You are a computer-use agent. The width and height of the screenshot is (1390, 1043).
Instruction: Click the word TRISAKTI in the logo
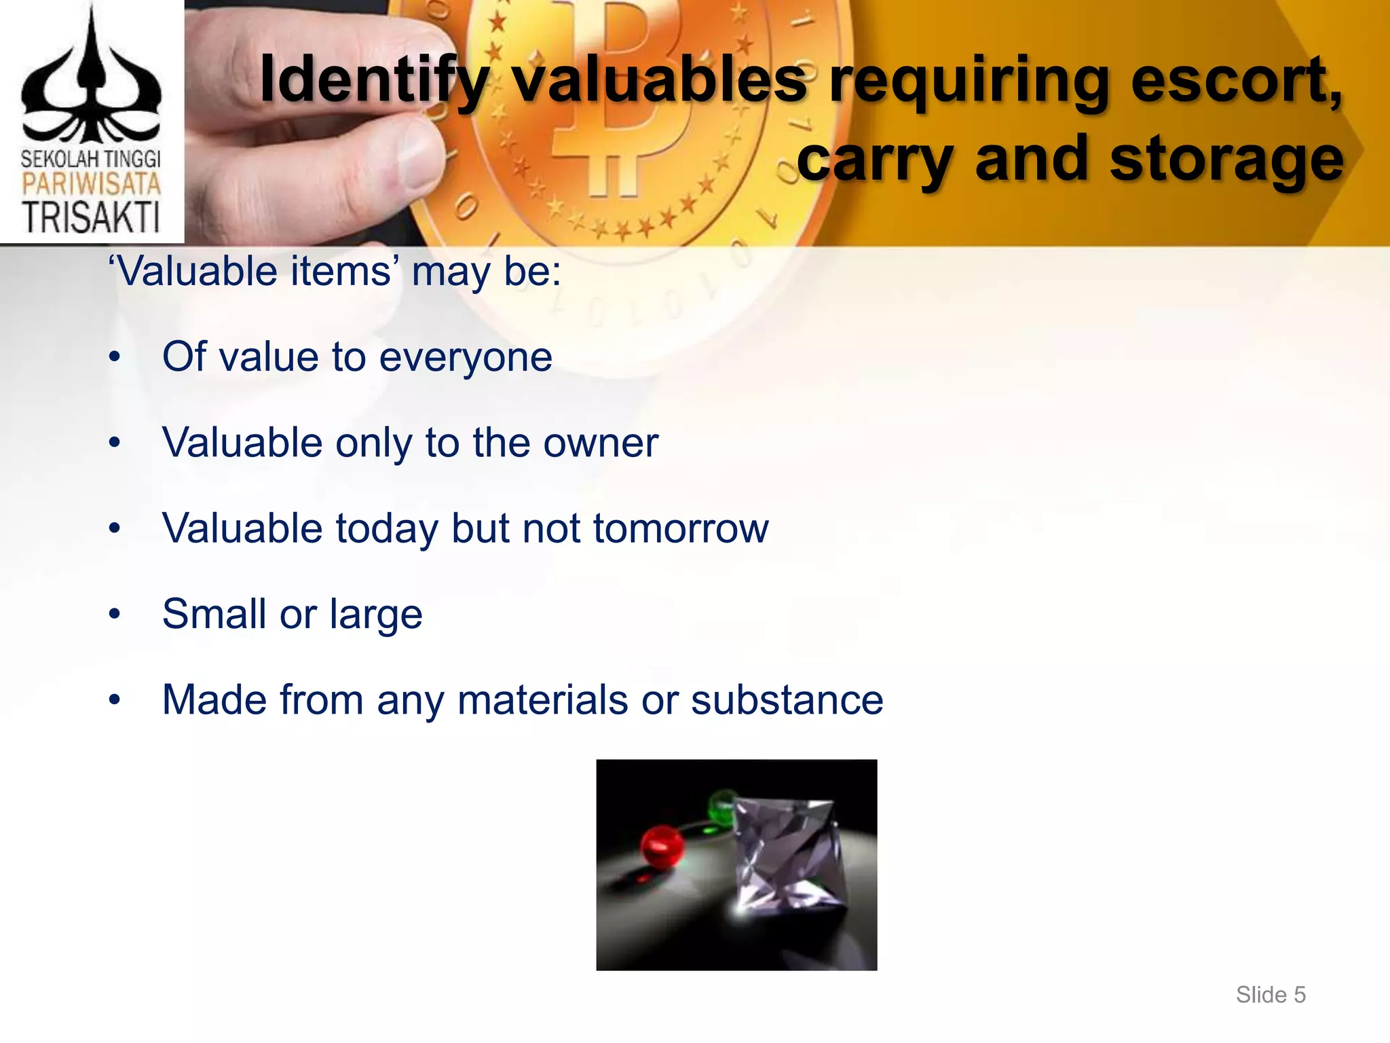(x=91, y=217)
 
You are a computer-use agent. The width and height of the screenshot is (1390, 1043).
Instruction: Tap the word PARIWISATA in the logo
(x=91, y=184)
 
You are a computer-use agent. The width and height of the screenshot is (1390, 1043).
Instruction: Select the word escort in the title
(x=1235, y=80)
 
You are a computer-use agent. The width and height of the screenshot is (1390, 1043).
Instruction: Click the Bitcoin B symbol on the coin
(x=611, y=102)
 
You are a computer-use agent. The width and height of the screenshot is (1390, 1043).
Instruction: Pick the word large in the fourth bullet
(x=376, y=615)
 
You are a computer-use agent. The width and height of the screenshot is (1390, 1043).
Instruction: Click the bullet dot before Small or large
(x=115, y=615)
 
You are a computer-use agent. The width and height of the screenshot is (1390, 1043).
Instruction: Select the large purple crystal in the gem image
(x=787, y=856)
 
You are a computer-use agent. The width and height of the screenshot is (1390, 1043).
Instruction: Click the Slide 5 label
(x=1271, y=995)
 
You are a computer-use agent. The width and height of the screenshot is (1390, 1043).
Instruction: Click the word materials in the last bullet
(x=542, y=700)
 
